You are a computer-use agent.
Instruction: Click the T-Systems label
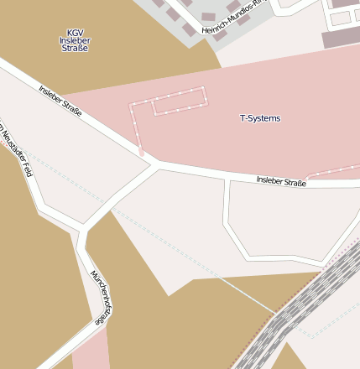pyautogui.click(x=260, y=118)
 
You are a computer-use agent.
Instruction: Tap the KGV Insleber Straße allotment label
pyautogui.click(x=74, y=41)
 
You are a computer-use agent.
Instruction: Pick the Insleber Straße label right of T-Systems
pyautogui.click(x=281, y=180)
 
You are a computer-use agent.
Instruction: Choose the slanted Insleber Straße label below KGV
pyautogui.click(x=60, y=100)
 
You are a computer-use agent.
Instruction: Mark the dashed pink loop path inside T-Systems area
pyautogui.click(x=168, y=100)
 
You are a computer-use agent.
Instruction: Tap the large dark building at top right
pyautogui.click(x=342, y=38)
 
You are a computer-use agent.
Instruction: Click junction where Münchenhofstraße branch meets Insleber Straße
pyautogui.click(x=154, y=165)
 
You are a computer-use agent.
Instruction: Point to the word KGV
pyautogui.click(x=75, y=33)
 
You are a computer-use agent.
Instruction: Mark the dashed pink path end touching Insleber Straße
pyautogui.click(x=142, y=153)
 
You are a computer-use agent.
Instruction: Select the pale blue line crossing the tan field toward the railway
pyautogui.click(x=243, y=294)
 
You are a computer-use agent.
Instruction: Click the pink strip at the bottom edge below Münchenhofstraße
pyautogui.click(x=91, y=352)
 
